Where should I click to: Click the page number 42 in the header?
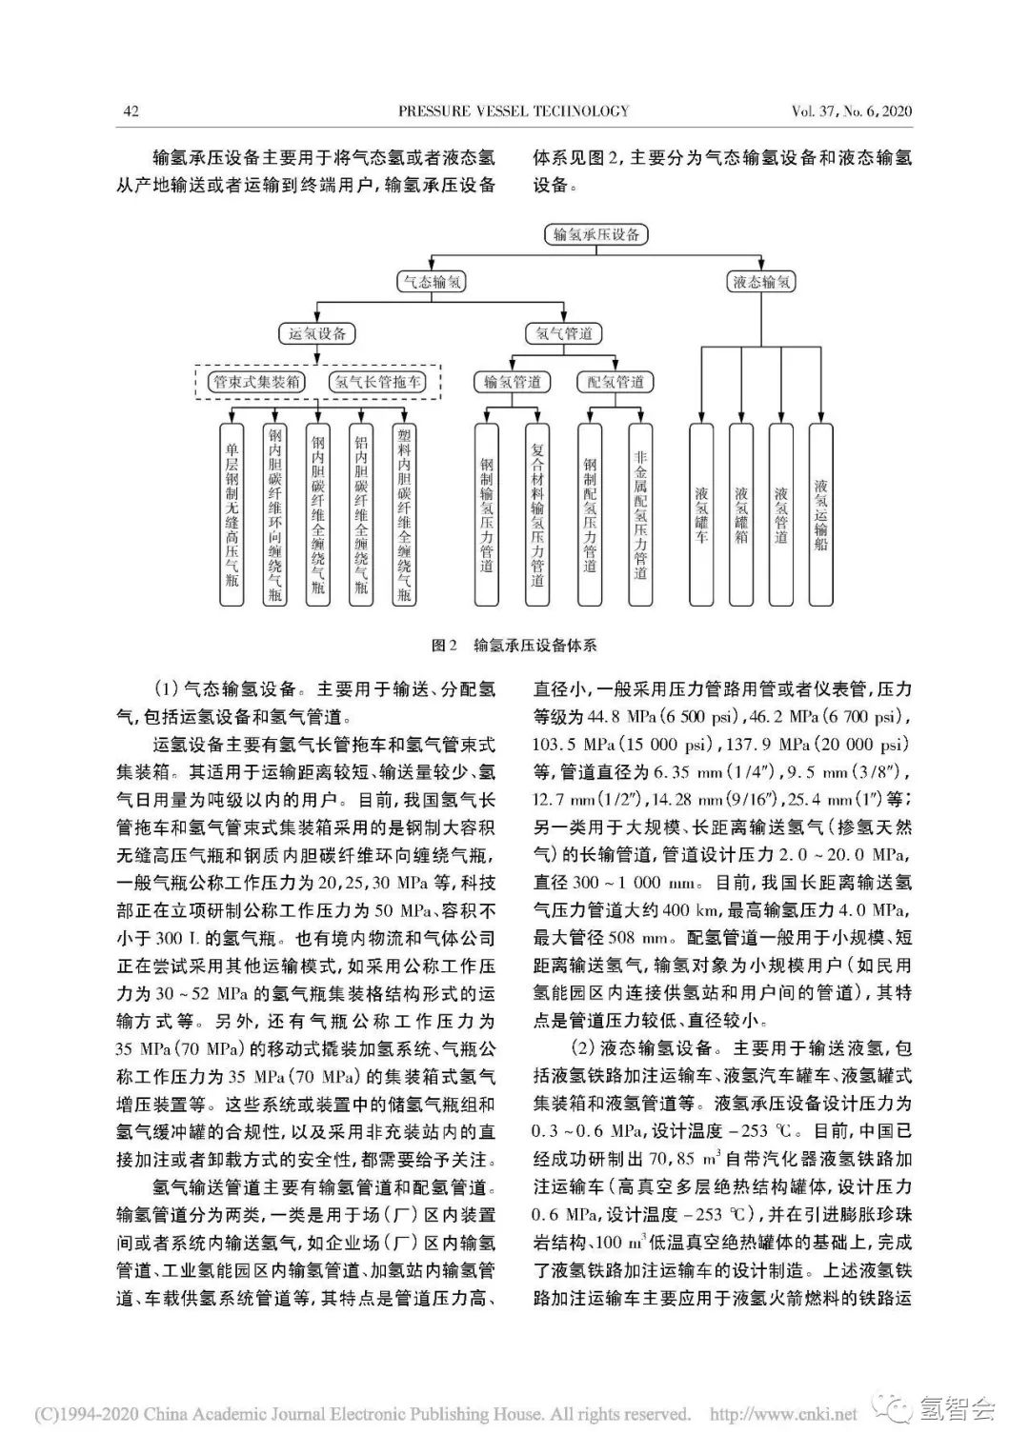pyautogui.click(x=131, y=111)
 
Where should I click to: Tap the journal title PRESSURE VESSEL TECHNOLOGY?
pyautogui.click(x=514, y=111)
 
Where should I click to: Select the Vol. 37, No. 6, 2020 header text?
pyautogui.click(x=852, y=111)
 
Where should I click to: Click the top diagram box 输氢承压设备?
pyautogui.click(x=596, y=233)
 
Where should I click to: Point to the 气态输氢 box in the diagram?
pyautogui.click(x=431, y=282)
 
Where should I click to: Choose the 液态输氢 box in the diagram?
pyautogui.click(x=761, y=282)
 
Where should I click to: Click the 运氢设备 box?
pyautogui.click(x=316, y=333)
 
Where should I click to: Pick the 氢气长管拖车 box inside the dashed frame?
pyautogui.click(x=375, y=382)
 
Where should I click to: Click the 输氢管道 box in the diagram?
pyautogui.click(x=513, y=382)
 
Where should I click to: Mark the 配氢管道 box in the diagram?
pyautogui.click(x=615, y=382)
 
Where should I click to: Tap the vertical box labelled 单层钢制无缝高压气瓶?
pyautogui.click(x=232, y=514)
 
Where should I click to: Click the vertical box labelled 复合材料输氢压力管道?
pyautogui.click(x=537, y=514)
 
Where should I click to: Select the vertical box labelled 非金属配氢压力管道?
pyautogui.click(x=640, y=514)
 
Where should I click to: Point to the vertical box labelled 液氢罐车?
pyautogui.click(x=701, y=514)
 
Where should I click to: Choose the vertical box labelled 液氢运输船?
pyautogui.click(x=820, y=514)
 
